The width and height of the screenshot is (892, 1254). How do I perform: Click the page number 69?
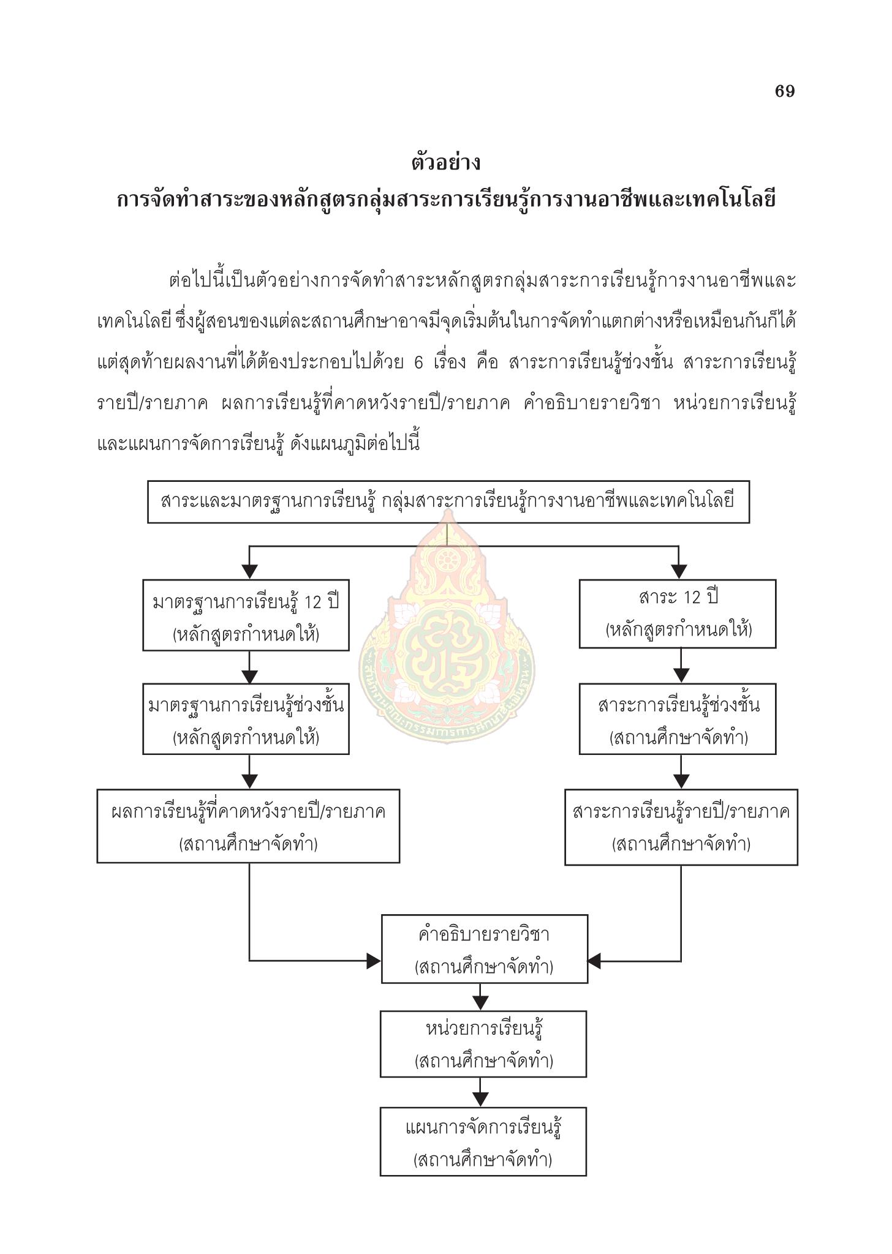click(784, 91)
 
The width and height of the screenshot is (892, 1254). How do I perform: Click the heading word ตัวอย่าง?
click(446, 162)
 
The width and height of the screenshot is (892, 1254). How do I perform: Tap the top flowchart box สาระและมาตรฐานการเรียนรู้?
click(448, 501)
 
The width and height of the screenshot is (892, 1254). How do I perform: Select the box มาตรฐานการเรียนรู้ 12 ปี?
click(246, 615)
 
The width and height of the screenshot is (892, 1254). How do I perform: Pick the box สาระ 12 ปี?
click(678, 614)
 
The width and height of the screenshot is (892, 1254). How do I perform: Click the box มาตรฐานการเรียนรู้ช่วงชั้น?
click(246, 719)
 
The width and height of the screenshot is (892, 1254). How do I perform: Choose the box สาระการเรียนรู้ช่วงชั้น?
click(678, 719)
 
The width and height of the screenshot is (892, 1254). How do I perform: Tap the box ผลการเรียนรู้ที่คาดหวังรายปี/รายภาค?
click(248, 826)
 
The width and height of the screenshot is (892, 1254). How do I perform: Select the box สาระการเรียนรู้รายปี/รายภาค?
click(681, 827)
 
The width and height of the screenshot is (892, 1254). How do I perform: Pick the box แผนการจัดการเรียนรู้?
click(483, 1141)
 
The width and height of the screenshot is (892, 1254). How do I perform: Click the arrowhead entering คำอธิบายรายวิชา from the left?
click(374, 961)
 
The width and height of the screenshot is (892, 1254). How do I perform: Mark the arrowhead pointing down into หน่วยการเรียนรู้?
click(481, 1002)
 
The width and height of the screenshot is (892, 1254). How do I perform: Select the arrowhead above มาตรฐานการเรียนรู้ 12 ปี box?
click(249, 571)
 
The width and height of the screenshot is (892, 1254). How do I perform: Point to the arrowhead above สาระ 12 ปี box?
click(679, 571)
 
